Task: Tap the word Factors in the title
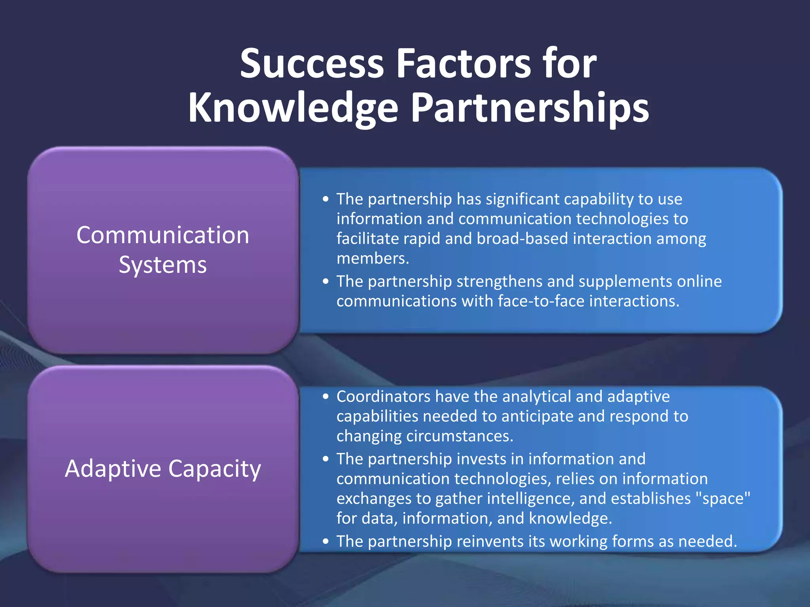[x=463, y=63]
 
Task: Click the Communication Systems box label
[x=163, y=250]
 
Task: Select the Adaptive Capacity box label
[x=163, y=469]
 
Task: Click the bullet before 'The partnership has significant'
[x=326, y=199]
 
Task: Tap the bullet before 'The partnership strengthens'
[x=326, y=281]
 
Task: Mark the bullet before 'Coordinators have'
[x=326, y=396]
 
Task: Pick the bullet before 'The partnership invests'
[x=326, y=459]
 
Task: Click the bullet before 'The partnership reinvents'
[x=326, y=541]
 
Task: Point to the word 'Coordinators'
[x=383, y=396]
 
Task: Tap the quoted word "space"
[x=726, y=498]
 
